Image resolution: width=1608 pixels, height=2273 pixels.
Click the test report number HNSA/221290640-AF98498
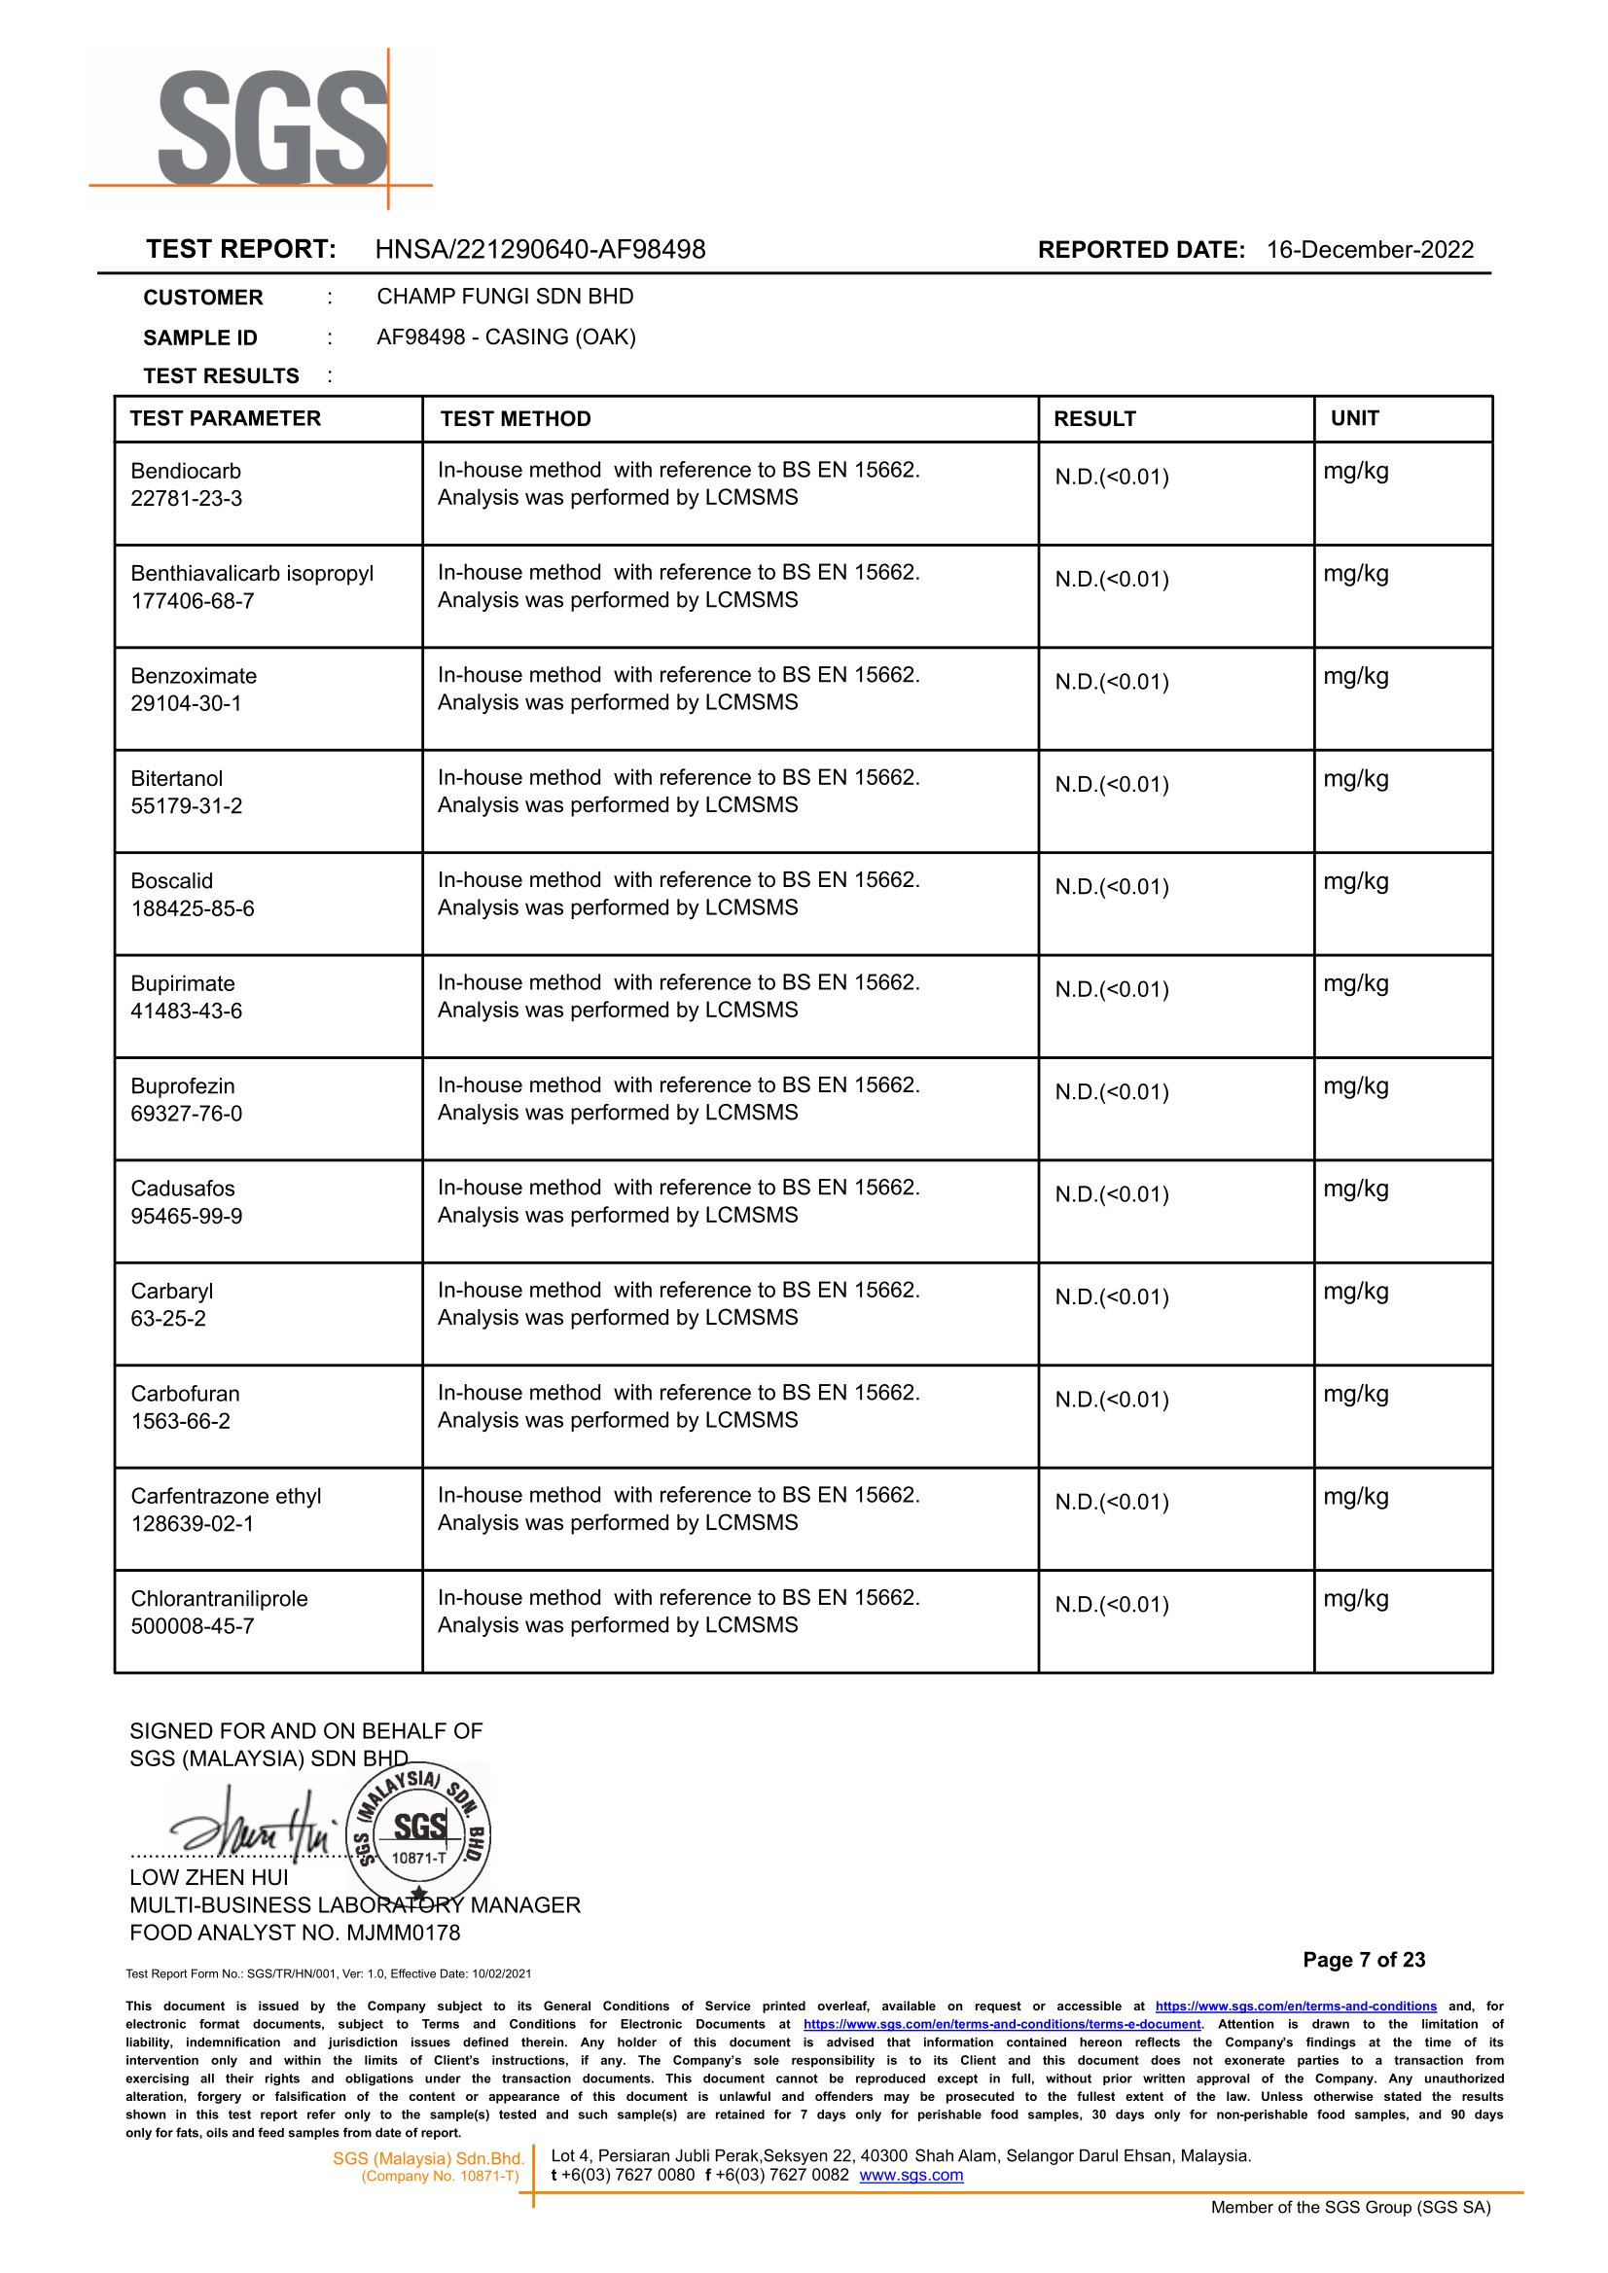(540, 249)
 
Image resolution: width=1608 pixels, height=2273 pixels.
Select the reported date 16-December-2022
(1370, 249)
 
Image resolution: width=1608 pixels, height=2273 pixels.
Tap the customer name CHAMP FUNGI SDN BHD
(505, 296)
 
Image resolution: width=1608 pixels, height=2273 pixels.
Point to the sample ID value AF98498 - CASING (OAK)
(506, 337)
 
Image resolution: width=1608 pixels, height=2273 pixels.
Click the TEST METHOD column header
(515, 419)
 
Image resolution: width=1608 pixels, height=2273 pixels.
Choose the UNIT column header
(1354, 419)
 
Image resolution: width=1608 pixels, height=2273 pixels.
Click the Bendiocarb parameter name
(186, 471)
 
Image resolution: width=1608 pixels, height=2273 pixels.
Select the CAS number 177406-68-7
(192, 601)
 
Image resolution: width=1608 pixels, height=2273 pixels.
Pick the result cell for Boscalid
(1111, 887)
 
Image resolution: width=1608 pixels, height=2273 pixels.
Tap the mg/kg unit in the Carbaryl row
(1355, 1292)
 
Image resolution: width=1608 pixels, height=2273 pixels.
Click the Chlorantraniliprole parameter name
(219, 1599)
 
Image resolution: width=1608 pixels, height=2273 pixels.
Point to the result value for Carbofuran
(1111, 1400)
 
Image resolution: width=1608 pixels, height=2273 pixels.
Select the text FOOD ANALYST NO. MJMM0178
(295, 1933)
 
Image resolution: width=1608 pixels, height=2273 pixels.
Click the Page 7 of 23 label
(1364, 1959)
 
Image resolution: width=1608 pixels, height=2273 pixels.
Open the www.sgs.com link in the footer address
(911, 2175)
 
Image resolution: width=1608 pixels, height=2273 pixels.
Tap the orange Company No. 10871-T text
(440, 2176)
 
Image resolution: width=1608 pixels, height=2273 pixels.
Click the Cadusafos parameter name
(183, 1189)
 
